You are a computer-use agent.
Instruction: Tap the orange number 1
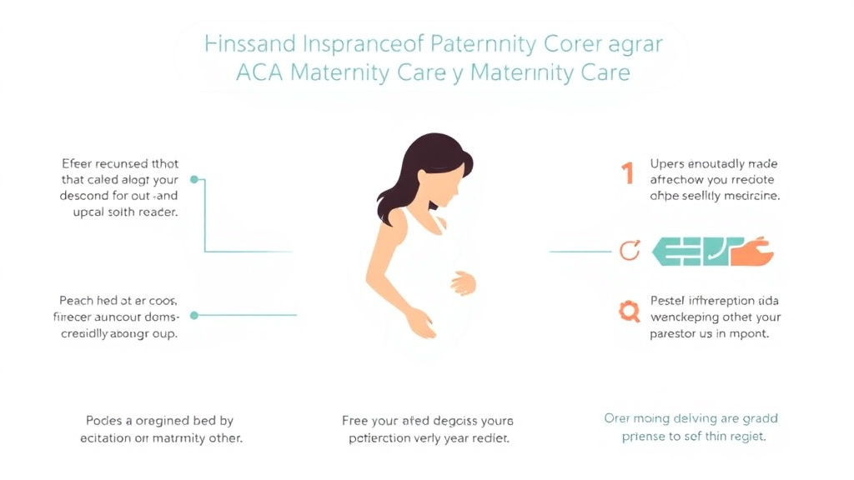[627, 173]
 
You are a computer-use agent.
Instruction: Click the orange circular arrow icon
[630, 250]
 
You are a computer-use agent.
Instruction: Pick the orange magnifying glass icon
[628, 312]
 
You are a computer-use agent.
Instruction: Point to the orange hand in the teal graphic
[753, 251]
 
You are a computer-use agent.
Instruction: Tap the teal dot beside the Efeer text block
[194, 179]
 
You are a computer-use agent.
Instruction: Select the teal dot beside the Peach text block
[194, 315]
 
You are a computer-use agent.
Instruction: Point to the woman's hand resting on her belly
[462, 283]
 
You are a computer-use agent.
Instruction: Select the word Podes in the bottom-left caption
[105, 421]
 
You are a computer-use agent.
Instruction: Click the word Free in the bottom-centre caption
[356, 421]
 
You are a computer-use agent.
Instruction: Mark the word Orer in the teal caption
[620, 418]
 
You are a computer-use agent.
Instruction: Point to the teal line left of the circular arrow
[580, 251]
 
